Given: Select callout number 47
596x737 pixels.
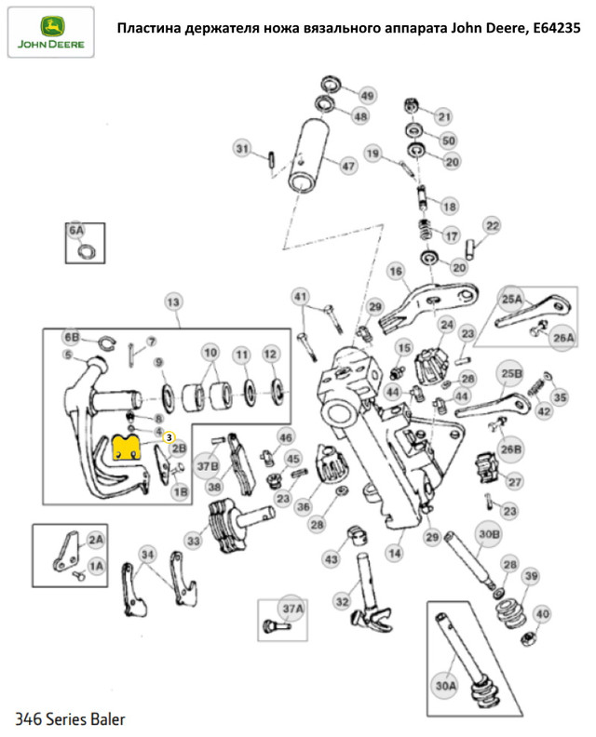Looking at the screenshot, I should [x=347, y=167].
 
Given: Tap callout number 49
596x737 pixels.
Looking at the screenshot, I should [x=367, y=97].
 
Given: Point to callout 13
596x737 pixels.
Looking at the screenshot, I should [x=172, y=301].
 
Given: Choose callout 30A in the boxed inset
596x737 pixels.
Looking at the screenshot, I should [x=447, y=685].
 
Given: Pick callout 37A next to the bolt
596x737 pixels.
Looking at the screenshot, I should [x=293, y=610].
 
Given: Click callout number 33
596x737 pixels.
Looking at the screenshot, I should [x=194, y=539].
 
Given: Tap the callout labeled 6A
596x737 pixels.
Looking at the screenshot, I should [x=74, y=229].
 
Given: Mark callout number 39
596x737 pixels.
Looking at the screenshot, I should [x=530, y=578].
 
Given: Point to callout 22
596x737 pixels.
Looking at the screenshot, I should [x=492, y=225].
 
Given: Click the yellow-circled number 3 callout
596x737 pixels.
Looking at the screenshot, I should [x=169, y=435].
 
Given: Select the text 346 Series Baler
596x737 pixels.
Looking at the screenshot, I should [x=70, y=719].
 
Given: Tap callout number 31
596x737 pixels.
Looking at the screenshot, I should [x=242, y=149].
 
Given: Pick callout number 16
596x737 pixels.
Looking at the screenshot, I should [x=395, y=271].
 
